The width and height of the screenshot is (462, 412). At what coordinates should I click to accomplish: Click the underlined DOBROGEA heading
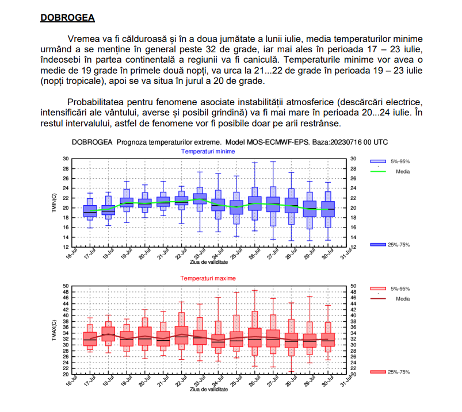coord(67,17)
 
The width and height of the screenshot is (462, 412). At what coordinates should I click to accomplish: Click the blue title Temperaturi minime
coord(208,151)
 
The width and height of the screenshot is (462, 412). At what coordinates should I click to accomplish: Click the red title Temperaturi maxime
coord(208,278)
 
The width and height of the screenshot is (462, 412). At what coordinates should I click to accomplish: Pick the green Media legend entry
coord(402,171)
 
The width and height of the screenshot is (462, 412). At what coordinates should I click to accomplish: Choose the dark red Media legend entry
coord(402,299)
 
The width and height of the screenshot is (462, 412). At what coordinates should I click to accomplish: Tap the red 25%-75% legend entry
coord(397,372)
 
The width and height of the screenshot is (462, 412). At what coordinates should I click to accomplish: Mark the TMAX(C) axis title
coord(53,330)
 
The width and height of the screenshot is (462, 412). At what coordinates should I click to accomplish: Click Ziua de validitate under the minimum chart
coord(208,261)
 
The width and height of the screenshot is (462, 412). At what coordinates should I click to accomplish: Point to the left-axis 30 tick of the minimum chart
coord(66,159)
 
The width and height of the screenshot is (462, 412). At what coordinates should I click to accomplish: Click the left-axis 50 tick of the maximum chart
coord(66,286)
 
